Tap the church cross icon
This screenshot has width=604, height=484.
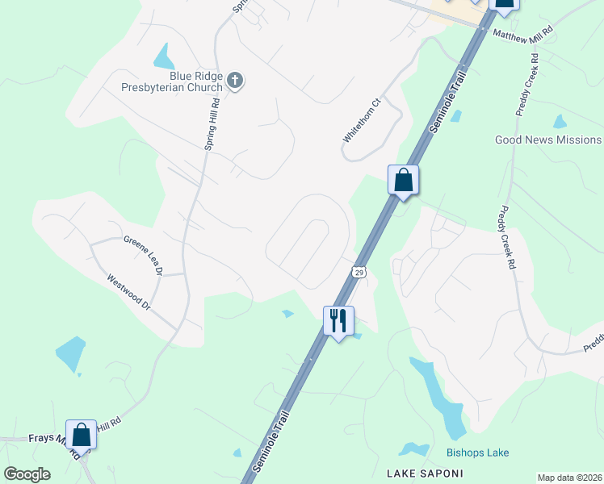click(x=235, y=80)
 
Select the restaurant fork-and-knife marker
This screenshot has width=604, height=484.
click(x=338, y=320)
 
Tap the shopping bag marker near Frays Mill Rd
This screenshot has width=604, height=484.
click(x=82, y=436)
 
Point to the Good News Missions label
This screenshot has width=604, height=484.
click(x=548, y=140)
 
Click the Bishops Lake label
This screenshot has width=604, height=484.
click(x=478, y=453)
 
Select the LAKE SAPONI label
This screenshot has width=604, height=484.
click(x=419, y=472)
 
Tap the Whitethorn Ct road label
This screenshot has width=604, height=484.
click(x=361, y=121)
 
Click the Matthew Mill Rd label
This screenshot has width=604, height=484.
click(x=523, y=33)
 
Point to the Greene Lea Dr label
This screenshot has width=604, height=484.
click(x=144, y=252)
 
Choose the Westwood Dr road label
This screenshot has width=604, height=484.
click(x=129, y=291)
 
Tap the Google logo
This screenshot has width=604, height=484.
click(x=27, y=474)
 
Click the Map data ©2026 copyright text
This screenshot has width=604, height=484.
click(x=569, y=478)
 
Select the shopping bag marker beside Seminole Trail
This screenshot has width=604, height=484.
click(x=404, y=181)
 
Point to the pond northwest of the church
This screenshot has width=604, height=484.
click(x=164, y=56)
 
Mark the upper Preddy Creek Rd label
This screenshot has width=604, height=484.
click(x=528, y=86)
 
